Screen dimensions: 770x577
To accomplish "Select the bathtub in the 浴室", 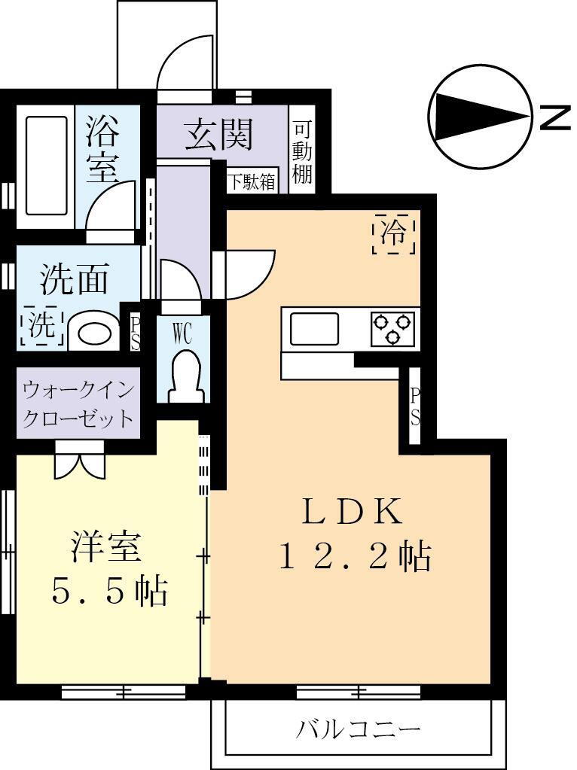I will coord(47,165).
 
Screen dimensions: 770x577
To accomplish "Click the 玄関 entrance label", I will coord(219,135).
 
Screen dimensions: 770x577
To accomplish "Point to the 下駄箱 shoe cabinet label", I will coord(252,182).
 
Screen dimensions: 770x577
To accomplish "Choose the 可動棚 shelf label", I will coord(302,152).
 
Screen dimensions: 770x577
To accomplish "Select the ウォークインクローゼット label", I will coord(78,404).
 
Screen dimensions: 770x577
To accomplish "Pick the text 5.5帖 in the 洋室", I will coord(109,592).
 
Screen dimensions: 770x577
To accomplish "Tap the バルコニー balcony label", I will coord(358,729).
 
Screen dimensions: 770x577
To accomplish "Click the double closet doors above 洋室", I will coord(78,458).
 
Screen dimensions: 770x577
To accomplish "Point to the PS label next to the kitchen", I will coord(414,406).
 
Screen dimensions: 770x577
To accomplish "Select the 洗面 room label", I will coord(75,279).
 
